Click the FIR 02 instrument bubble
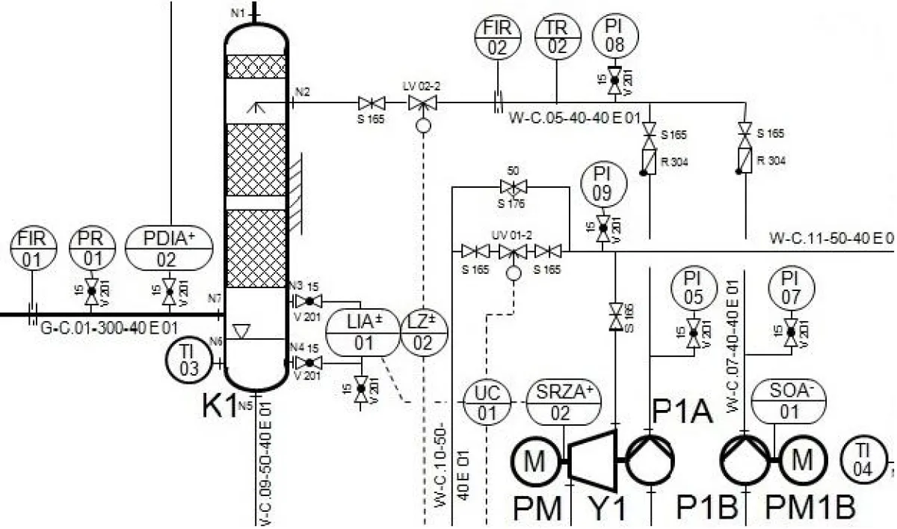(497, 37)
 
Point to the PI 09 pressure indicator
(602, 184)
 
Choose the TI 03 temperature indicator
(188, 362)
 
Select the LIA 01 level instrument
(363, 332)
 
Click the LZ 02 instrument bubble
(422, 332)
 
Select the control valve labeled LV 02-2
(422, 103)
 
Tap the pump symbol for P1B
(745, 458)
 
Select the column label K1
(221, 405)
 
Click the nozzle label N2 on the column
(302, 92)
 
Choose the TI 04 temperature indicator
(864, 458)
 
